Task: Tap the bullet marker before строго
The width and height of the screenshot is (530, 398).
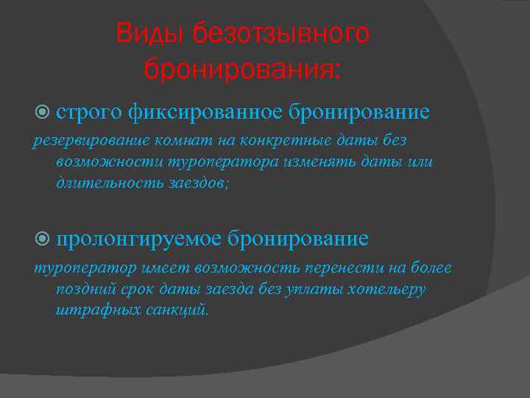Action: click(42, 112)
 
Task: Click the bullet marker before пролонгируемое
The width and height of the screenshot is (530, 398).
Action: click(42, 239)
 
